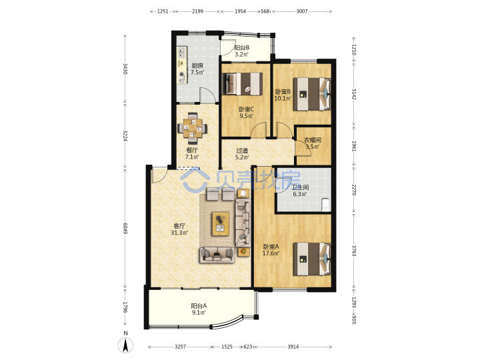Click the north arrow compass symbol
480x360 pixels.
coord(125,345)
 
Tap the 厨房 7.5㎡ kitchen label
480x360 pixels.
coord(197,69)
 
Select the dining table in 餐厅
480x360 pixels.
coord(192,128)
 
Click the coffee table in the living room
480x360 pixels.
coord(221,223)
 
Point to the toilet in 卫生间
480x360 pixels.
coord(325,205)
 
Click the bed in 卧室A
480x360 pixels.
coord(312,259)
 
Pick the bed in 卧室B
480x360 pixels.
coord(312,94)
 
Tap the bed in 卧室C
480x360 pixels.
coord(242,83)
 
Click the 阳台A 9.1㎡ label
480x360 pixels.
coord(199,309)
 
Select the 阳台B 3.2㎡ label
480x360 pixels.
coord(241,51)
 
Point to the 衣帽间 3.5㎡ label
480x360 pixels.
coord(312,143)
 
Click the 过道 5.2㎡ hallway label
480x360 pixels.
coord(242,154)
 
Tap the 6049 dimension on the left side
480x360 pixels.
coord(125,228)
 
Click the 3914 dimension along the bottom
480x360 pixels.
coord(293,347)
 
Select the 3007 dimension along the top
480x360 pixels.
coord(302,11)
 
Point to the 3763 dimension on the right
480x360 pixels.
coord(354,251)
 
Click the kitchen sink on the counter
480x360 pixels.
coord(181,52)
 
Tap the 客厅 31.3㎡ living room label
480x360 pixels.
coord(179,229)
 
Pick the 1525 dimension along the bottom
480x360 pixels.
coord(227,347)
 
